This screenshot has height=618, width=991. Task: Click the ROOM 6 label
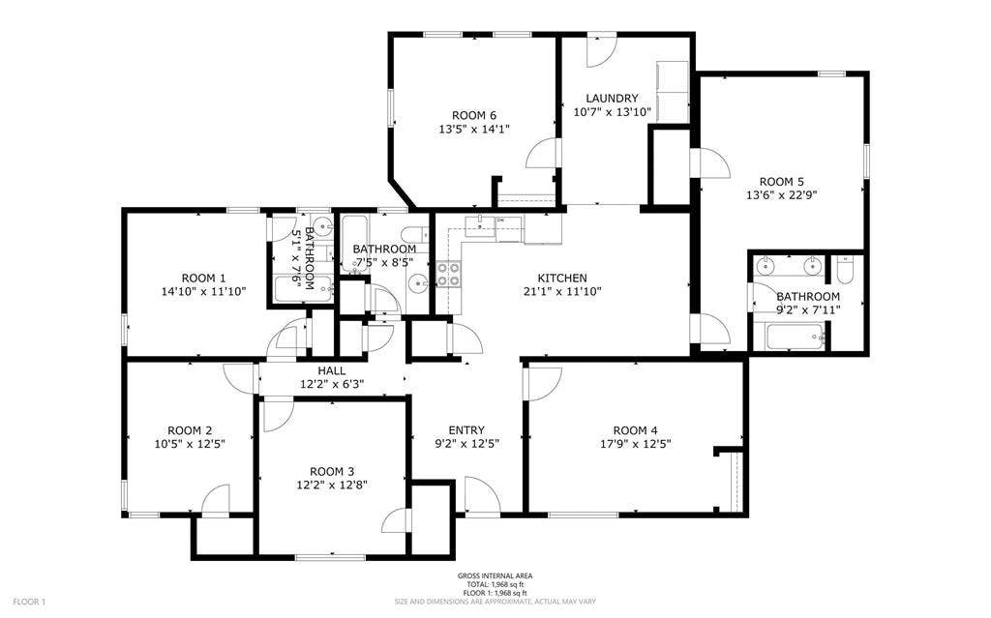tap(460, 115)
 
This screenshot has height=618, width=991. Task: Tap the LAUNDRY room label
tap(612, 99)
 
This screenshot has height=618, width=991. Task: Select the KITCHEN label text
tap(562, 278)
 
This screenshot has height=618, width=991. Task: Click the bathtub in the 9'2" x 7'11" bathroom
tap(794, 338)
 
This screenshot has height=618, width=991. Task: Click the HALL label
tap(332, 370)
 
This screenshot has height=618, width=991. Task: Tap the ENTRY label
tap(466, 430)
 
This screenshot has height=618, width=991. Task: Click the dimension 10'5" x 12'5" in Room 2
tap(190, 444)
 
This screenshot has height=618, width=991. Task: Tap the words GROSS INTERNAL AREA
tap(495, 576)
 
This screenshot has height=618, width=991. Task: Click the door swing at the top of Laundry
tap(600, 50)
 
